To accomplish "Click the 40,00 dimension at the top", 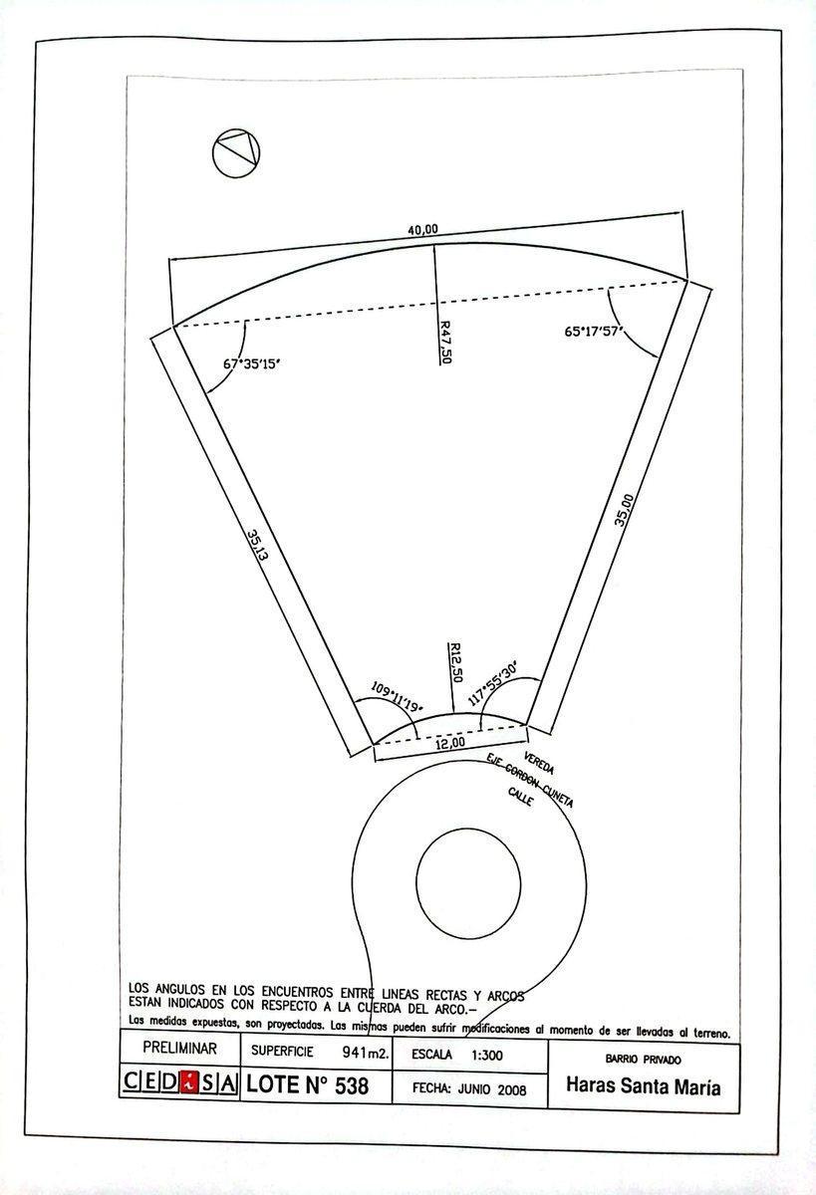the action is [x=422, y=229].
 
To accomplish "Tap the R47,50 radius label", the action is [x=445, y=342].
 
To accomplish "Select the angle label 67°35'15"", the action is [x=251, y=364].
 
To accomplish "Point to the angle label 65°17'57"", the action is [x=594, y=331].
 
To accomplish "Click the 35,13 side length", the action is [x=258, y=545].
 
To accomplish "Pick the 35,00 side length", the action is [x=624, y=511].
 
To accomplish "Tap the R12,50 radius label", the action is [x=455, y=662].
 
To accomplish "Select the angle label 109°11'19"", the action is [x=397, y=697].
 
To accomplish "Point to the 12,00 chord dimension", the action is [x=450, y=742].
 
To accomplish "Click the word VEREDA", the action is [x=539, y=764].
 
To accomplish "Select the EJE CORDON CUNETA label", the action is [x=529, y=781].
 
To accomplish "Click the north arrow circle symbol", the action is [x=236, y=153].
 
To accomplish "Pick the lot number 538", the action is [x=352, y=1085].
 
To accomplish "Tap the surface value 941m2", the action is [x=366, y=1052].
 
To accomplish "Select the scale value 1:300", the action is [x=487, y=1055].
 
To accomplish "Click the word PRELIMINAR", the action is [x=180, y=1048].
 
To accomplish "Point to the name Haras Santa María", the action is [x=643, y=1086].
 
